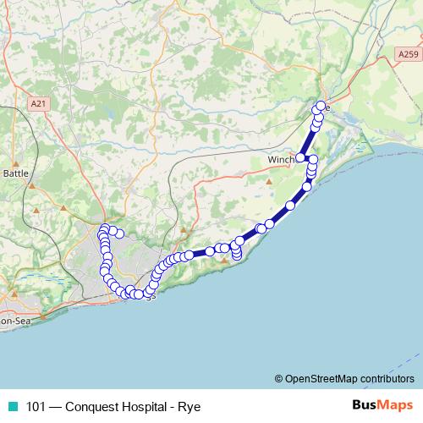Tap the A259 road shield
click(407, 53)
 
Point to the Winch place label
click(280, 160)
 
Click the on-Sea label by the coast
click(14, 321)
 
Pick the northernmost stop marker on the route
click(321, 107)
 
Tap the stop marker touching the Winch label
click(300, 158)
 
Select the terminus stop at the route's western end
click(120, 233)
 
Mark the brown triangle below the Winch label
click(269, 181)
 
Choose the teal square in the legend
click(10, 405)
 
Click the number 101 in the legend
click(36, 405)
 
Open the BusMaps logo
click(382, 405)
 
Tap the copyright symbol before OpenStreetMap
click(279, 378)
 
